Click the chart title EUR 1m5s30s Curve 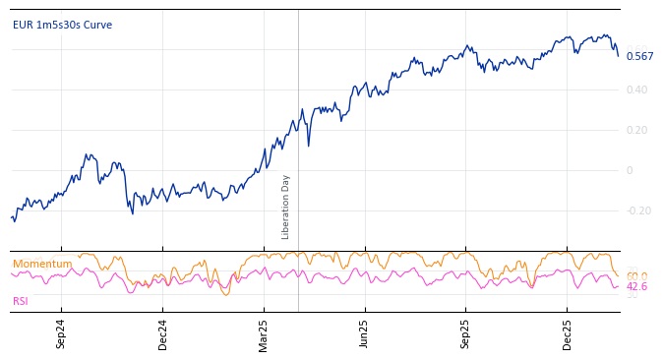click(62, 26)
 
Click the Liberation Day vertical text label click(286, 207)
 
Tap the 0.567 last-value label click(639, 56)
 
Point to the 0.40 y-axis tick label click(636, 90)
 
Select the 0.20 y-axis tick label click(636, 130)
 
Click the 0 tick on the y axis click(630, 170)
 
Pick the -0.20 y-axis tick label click(638, 210)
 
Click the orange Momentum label click(42, 264)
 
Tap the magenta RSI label click(21, 301)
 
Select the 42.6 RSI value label click(636, 287)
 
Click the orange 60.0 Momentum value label click(636, 276)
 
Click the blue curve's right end click(619, 56)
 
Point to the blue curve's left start click(12, 217)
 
